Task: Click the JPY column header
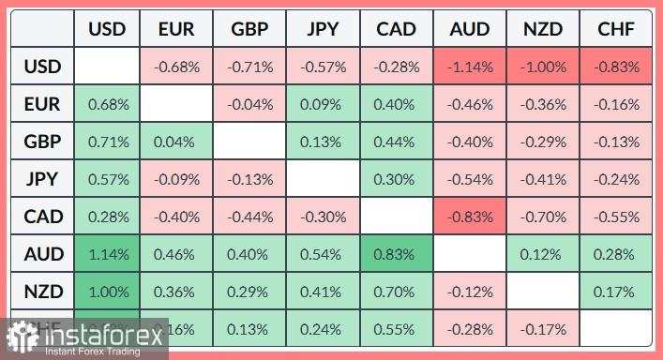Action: (324, 29)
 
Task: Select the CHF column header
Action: (616, 29)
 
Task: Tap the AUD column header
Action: (470, 29)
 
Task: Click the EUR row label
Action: (43, 104)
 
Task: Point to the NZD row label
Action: (43, 291)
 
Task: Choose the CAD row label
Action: (43, 217)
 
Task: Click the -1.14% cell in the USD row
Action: (470, 67)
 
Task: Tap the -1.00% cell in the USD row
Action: (543, 67)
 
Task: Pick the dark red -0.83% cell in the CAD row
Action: (470, 217)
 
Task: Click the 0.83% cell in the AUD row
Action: (397, 253)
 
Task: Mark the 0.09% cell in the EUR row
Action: (324, 104)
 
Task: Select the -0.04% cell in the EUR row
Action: (250, 104)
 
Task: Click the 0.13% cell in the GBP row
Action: (324, 142)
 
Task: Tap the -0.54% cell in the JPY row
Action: (470, 179)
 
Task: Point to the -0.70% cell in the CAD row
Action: (543, 217)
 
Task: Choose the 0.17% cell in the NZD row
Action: (616, 291)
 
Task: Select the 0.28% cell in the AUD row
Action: (616, 253)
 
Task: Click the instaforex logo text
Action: (95, 334)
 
